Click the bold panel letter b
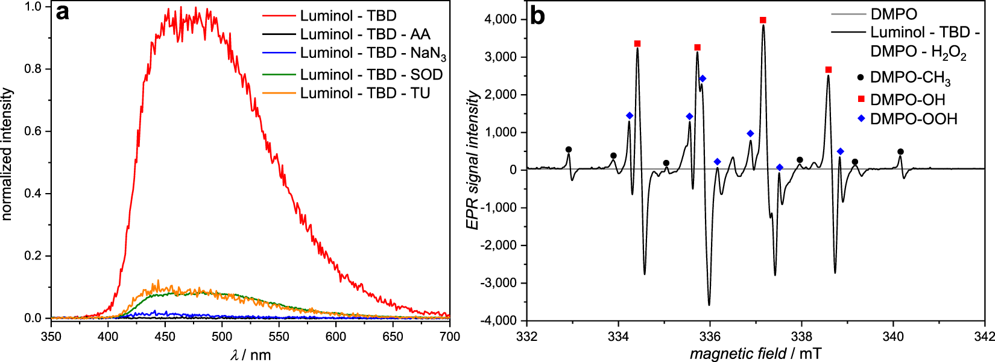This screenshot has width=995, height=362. pyautogui.click(x=537, y=16)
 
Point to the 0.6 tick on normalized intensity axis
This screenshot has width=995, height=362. pyautogui.click(x=33, y=132)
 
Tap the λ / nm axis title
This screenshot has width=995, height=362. pyautogui.click(x=250, y=355)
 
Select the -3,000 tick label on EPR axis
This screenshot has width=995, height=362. pyautogui.click(x=497, y=283)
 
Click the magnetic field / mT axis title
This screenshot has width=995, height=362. pyautogui.click(x=756, y=354)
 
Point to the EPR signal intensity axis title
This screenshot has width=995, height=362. pyautogui.click(x=473, y=160)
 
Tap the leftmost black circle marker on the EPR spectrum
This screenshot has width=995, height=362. pyautogui.click(x=568, y=150)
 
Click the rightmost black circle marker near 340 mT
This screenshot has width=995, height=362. pyautogui.click(x=900, y=152)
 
